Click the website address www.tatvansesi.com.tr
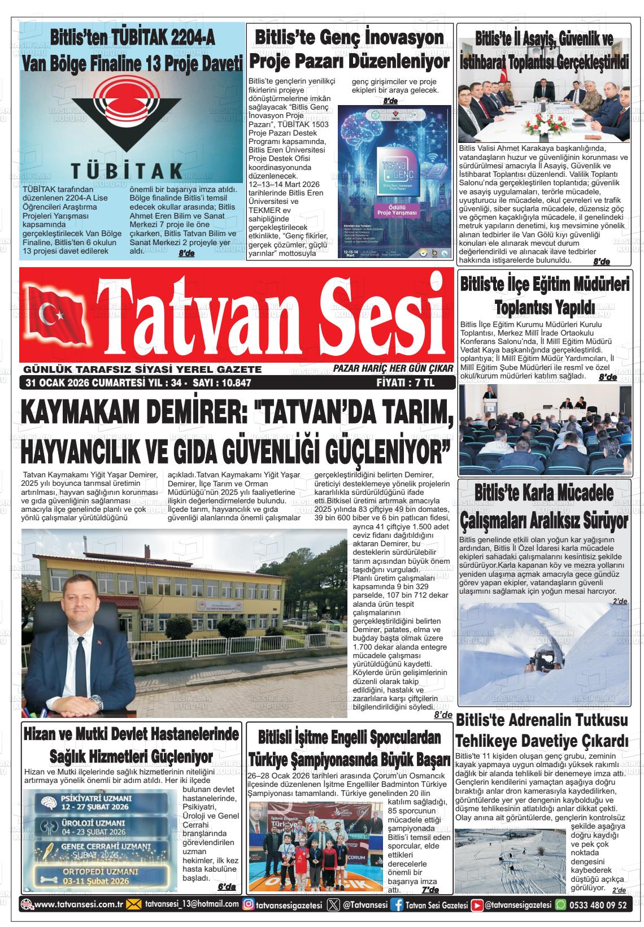79,904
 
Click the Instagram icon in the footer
247,904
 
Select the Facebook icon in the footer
399,904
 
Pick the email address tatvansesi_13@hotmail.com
192,904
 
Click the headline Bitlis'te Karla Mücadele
544,493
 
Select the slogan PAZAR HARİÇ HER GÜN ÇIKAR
393,369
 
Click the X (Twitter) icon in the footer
333,904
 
